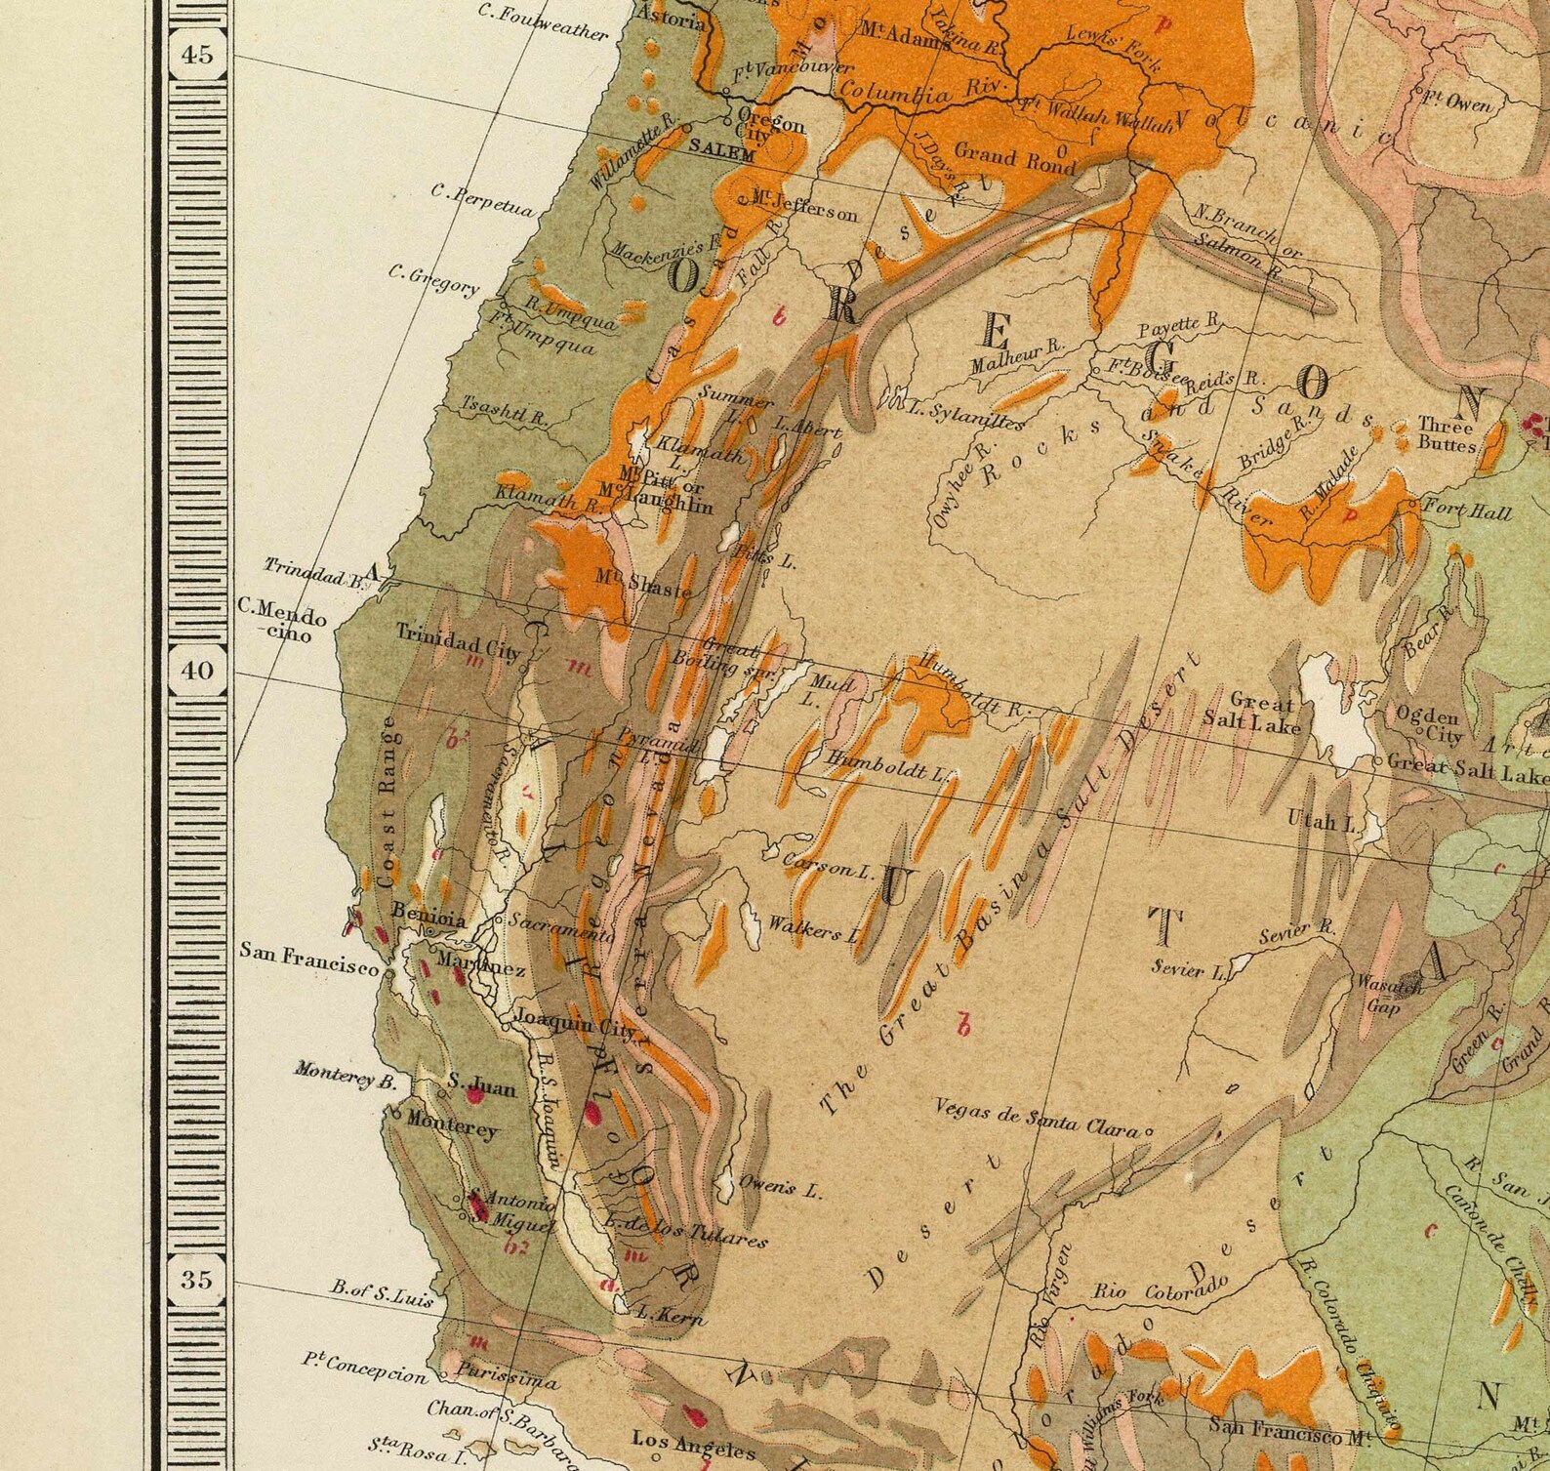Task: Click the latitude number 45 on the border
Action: pos(196,55)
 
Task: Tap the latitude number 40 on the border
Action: pos(196,671)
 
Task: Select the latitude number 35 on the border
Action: pos(196,1279)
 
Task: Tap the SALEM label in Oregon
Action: pos(721,153)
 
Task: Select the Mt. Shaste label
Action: pos(646,584)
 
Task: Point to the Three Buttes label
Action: pos(1447,434)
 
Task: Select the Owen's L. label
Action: pos(781,1186)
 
